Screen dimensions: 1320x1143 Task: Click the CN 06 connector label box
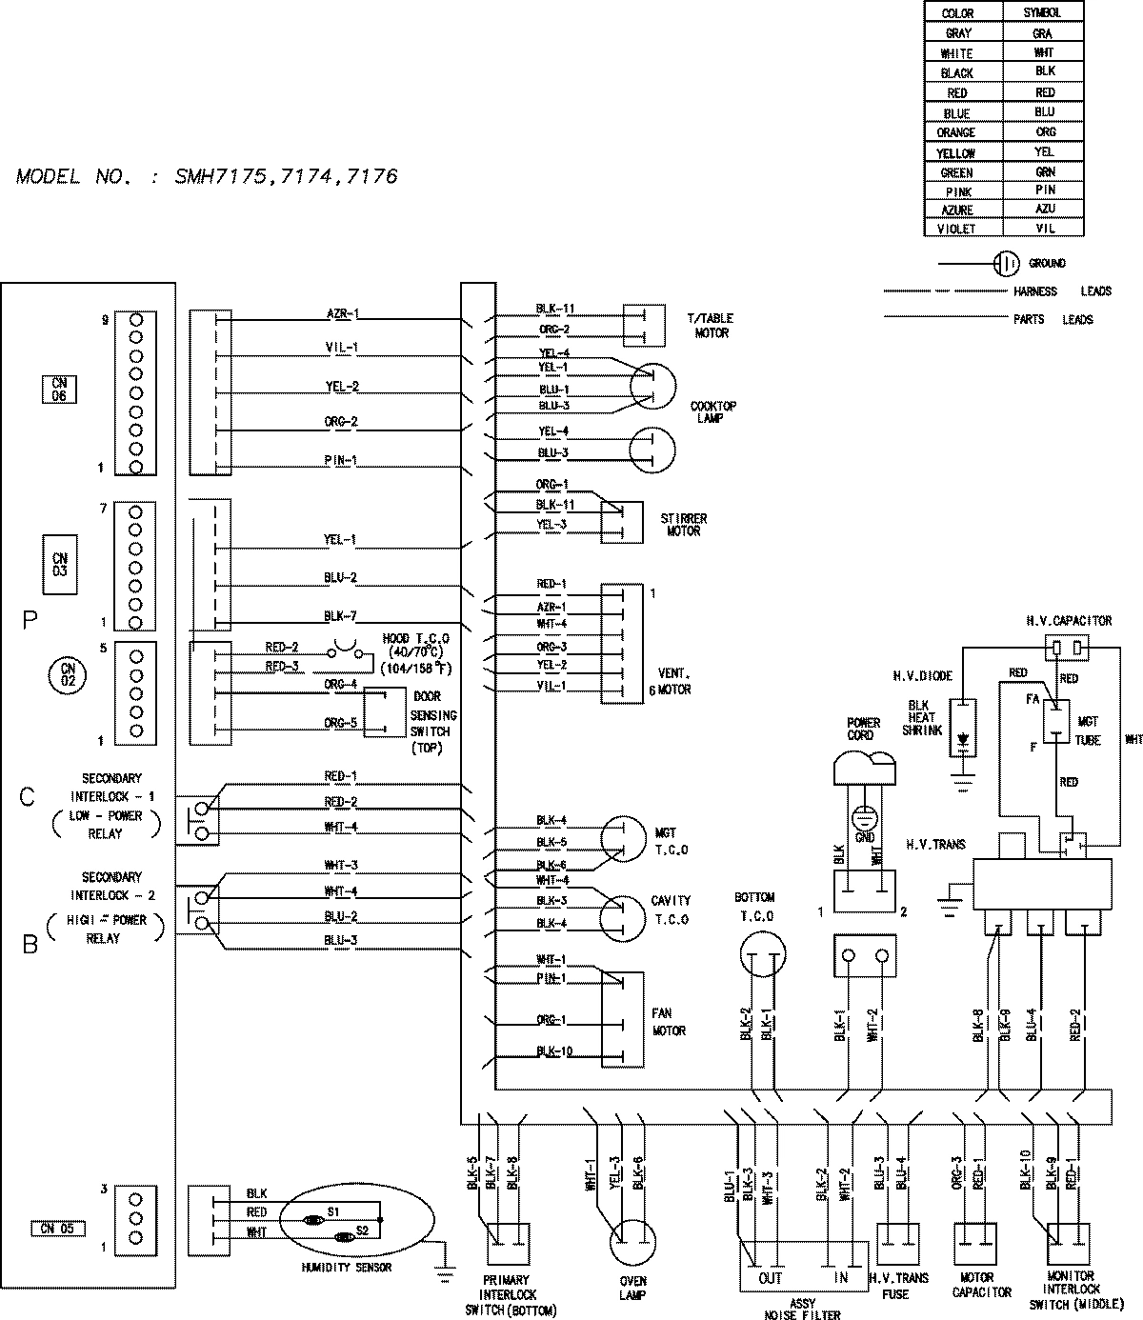[59, 390]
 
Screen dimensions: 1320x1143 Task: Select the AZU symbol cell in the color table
[1044, 209]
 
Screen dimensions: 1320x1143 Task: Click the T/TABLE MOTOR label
[712, 326]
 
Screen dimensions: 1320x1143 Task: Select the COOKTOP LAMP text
[712, 412]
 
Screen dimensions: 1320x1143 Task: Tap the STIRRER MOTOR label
[683, 525]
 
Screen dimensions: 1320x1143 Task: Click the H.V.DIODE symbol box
[964, 729]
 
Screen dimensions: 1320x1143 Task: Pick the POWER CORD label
[862, 729]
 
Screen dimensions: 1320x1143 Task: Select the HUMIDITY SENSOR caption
[346, 1268]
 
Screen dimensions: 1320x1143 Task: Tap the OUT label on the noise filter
[770, 1278]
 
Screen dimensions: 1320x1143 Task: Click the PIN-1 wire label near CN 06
[340, 460]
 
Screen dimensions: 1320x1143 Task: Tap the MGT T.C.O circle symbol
[623, 838]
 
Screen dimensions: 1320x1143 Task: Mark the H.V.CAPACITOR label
[1069, 621]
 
